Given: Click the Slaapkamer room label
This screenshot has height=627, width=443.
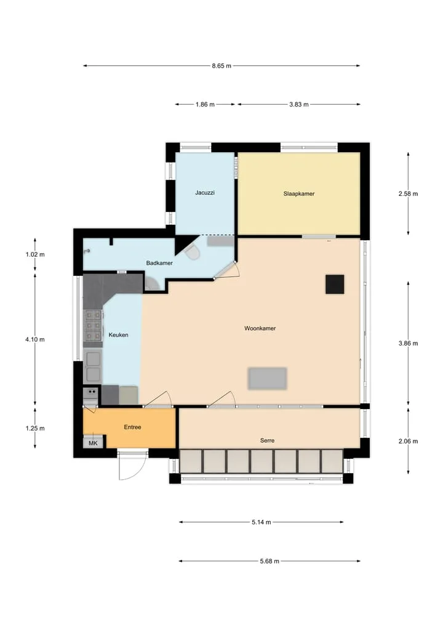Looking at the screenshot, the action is [299, 193].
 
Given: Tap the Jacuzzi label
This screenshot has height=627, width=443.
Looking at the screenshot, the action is [205, 192].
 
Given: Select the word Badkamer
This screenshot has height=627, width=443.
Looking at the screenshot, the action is [159, 263].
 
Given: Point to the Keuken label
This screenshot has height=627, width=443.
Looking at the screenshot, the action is [118, 334].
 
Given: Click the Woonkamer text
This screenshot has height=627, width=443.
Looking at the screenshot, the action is [260, 328].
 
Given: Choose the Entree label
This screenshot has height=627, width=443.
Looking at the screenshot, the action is [133, 427].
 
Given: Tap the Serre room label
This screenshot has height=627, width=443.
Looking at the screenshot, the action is [267, 440].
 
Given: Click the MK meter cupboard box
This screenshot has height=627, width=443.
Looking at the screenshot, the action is [93, 443].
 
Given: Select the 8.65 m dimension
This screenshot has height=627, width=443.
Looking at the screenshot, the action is [221, 65].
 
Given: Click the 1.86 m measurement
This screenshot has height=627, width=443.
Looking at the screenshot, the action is [205, 104].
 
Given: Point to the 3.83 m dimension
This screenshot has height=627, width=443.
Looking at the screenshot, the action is [299, 104].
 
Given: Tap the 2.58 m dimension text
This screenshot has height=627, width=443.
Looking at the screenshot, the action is [409, 193].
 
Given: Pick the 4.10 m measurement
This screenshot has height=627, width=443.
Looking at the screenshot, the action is [35, 339].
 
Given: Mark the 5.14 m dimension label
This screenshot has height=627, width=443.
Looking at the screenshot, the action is [261, 522].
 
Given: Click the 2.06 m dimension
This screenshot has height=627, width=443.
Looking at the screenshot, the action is [409, 441].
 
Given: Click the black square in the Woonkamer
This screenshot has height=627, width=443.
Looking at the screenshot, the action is [335, 285].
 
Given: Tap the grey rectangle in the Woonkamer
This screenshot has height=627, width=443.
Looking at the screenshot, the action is [267, 378].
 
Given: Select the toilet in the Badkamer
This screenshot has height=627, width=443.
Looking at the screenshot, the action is [192, 253].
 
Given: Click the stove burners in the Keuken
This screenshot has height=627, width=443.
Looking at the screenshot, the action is [93, 325].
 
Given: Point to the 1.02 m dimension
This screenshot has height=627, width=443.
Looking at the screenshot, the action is [35, 254].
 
